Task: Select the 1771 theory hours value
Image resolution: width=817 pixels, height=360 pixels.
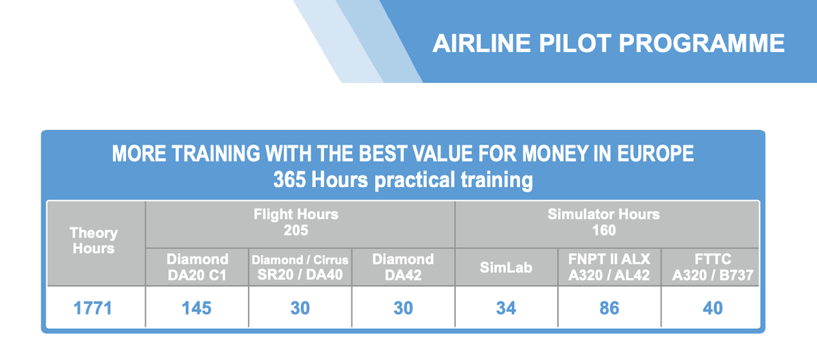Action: click(x=93, y=308)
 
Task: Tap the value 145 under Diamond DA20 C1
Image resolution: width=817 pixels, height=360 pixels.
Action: click(x=197, y=308)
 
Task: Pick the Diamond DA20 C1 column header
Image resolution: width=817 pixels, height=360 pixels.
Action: click(x=197, y=267)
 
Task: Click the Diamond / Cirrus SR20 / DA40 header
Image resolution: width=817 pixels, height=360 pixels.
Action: click(x=300, y=267)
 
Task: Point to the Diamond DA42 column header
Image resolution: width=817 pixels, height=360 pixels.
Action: click(x=403, y=267)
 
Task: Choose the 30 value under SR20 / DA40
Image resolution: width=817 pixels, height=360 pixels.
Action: click(x=300, y=308)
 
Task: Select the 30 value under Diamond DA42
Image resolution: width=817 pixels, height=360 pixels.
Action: click(x=403, y=308)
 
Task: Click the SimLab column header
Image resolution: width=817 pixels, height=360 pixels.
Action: click(x=506, y=267)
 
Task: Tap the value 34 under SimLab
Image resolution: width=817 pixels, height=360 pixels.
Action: click(x=506, y=308)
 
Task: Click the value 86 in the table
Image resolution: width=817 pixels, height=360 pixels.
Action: click(x=609, y=308)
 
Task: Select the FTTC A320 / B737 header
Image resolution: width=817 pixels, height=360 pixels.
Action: click(x=713, y=267)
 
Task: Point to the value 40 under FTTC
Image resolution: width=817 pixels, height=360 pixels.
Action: click(x=713, y=308)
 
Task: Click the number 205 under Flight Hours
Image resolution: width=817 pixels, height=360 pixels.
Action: click(x=295, y=231)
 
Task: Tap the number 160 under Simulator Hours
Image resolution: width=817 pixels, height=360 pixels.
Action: click(x=604, y=231)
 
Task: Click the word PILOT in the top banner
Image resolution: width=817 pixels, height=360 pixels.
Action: click(x=575, y=44)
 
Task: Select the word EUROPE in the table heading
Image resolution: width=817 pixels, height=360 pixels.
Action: click(x=656, y=153)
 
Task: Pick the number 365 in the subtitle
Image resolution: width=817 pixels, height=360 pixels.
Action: click(x=289, y=180)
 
